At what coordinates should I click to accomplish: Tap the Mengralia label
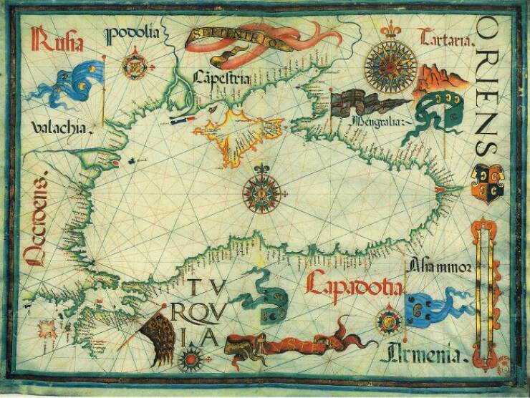(377, 122)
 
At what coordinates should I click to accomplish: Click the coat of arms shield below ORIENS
(485, 180)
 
